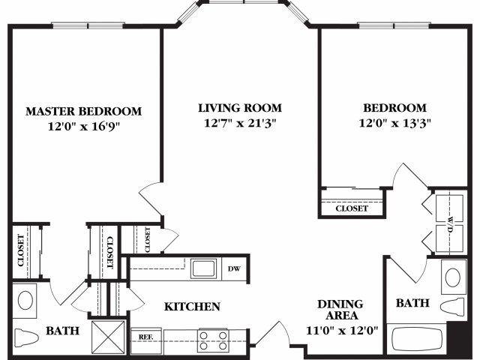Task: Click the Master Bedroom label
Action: pyautogui.click(x=83, y=111)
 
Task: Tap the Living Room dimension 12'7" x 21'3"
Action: pyautogui.click(x=240, y=123)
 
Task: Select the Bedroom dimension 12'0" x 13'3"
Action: pyautogui.click(x=395, y=123)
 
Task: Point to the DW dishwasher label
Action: pyautogui.click(x=234, y=268)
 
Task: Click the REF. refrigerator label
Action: pyautogui.click(x=145, y=337)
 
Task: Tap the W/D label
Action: pyautogui.click(x=450, y=224)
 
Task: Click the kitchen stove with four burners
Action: pyautogui.click(x=213, y=340)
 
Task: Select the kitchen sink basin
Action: pyautogui.click(x=203, y=268)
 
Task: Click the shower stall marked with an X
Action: pyautogui.click(x=108, y=337)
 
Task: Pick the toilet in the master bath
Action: pyautogui.click(x=27, y=337)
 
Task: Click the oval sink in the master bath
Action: pyautogui.click(x=25, y=300)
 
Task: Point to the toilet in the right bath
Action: pyautogui.click(x=453, y=306)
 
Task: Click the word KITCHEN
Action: pyautogui.click(x=192, y=307)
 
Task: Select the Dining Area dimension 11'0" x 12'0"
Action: pyautogui.click(x=342, y=331)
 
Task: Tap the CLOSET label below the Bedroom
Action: pyautogui.click(x=352, y=208)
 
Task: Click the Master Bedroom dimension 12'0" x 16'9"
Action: pyautogui.click(x=83, y=126)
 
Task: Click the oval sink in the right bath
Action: pyautogui.click(x=453, y=277)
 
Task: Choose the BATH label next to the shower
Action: pyautogui.click(x=62, y=331)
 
